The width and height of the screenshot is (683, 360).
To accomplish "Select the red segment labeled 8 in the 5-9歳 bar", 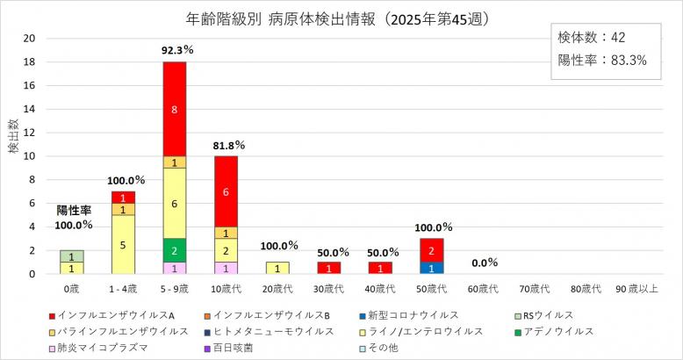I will click(174, 109).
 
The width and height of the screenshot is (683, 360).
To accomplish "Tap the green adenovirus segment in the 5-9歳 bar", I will click(174, 249).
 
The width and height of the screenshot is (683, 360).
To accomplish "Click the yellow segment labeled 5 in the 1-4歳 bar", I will click(123, 244).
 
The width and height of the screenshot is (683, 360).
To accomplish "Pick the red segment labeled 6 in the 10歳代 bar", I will click(226, 191).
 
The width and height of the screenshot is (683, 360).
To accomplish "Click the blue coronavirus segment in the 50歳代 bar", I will click(431, 268).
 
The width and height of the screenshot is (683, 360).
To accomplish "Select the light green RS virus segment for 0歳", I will click(72, 256).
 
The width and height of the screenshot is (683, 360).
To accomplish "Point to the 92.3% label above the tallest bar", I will click(174, 51).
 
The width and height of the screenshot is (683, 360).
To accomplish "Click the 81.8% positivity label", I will click(226, 145).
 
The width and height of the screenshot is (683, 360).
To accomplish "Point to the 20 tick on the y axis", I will click(29, 38).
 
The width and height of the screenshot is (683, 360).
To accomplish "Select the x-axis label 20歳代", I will click(277, 289).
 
